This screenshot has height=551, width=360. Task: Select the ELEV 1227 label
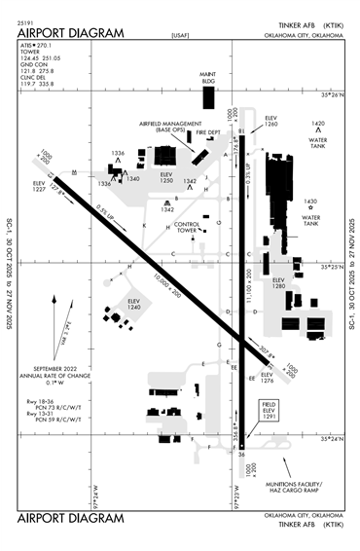point(40,186)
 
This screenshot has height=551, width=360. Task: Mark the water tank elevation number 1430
point(310,202)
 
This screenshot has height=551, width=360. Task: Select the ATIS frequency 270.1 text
point(35,45)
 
